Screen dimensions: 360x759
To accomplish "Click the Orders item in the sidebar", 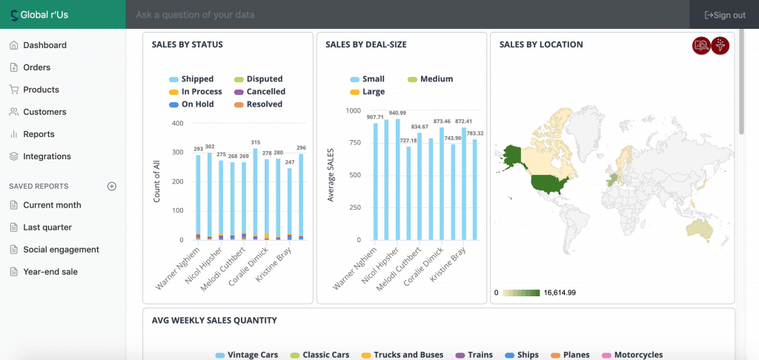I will pos(36,67).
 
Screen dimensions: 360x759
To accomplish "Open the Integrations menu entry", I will pos(47,156).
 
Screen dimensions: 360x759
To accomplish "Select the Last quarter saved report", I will pos(47,227).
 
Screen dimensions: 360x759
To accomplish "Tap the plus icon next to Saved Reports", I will pos(112,186).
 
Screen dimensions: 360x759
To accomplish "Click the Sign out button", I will pos(725,15).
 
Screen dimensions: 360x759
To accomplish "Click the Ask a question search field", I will pos(408,15).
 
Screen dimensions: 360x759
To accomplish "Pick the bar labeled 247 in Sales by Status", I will pos(290,204).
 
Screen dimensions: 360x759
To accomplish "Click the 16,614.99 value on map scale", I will pos(560,293).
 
